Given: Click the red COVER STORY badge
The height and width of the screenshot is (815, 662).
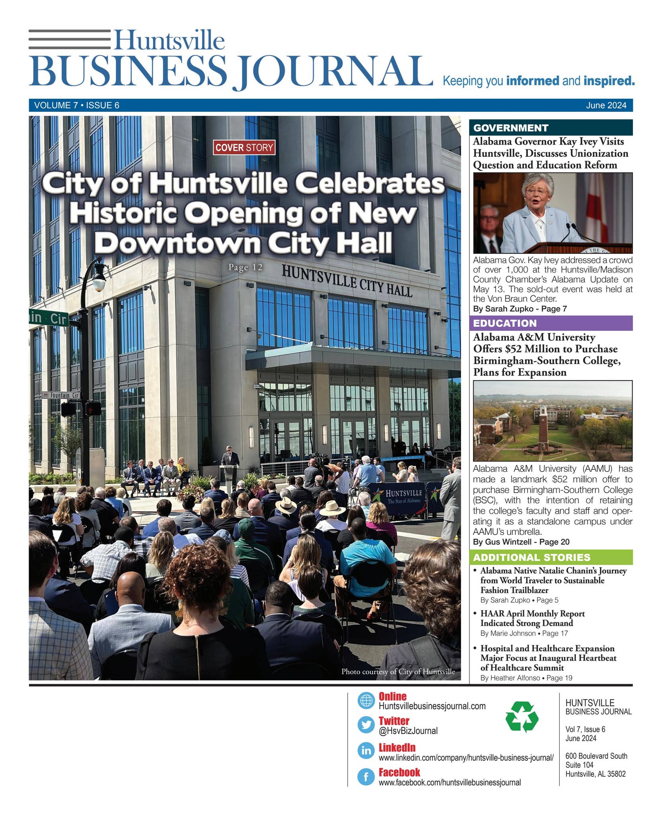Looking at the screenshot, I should tap(244, 148).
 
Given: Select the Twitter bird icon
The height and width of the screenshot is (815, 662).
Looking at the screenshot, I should tap(366, 725).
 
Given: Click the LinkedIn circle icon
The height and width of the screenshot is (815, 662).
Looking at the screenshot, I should tap(366, 751).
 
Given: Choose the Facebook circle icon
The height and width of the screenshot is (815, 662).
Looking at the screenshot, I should tap(366, 776).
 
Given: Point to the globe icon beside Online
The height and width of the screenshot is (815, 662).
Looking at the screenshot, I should tap(366, 700).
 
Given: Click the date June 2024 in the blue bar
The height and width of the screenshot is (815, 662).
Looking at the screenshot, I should tap(606, 105).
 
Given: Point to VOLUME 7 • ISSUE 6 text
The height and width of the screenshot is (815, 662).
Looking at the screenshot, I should tap(77, 105).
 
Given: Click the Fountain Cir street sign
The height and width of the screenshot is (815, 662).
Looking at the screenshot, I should tap(61, 395).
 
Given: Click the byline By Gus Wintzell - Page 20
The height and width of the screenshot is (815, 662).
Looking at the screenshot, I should tap(521, 542).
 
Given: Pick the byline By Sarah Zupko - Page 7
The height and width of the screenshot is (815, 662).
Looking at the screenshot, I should tap(520, 308).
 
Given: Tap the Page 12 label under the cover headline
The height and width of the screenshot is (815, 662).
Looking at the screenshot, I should tap(245, 267).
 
